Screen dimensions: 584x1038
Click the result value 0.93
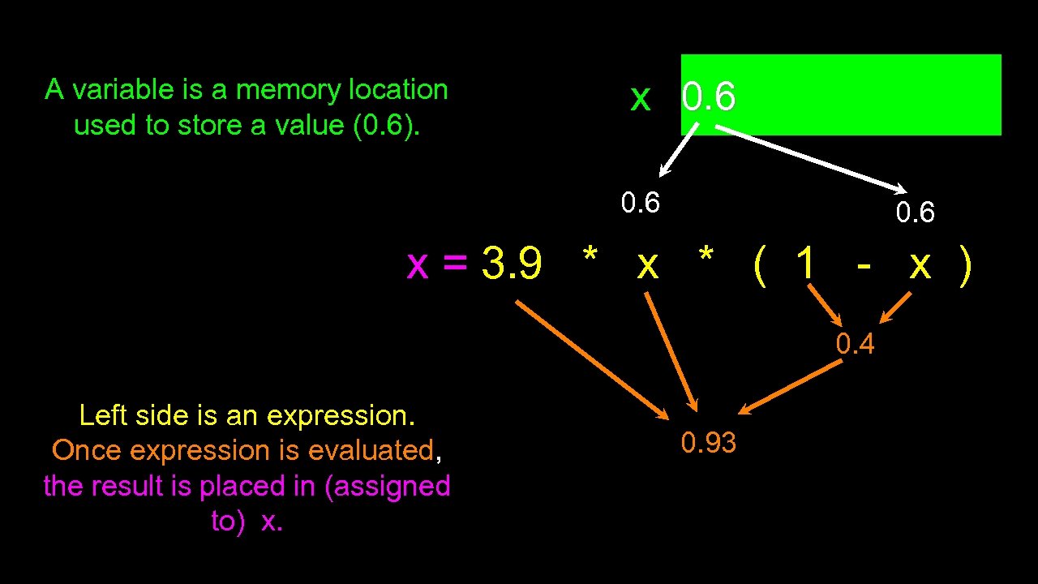pyautogui.click(x=708, y=443)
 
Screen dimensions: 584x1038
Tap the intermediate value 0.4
pyautogui.click(x=856, y=345)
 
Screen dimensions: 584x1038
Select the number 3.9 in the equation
pyautogui.click(x=512, y=264)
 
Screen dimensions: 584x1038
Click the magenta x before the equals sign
pyautogui.click(x=417, y=264)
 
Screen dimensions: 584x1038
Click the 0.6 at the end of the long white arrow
pyautogui.click(x=916, y=213)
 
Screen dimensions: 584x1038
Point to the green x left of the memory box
pyautogui.click(x=640, y=98)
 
